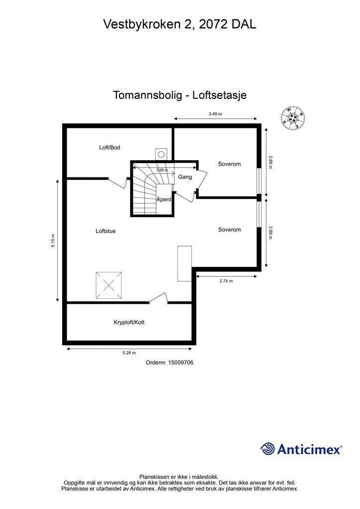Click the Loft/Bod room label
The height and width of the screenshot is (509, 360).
(x=109, y=148)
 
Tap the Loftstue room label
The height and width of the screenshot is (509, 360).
(x=105, y=231)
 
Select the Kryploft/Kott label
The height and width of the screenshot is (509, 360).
(x=129, y=322)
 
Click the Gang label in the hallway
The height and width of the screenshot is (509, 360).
(x=185, y=177)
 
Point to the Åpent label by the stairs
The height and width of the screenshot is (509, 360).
(x=164, y=199)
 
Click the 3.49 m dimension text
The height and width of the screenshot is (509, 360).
(x=215, y=114)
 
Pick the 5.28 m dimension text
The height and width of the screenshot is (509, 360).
(x=129, y=353)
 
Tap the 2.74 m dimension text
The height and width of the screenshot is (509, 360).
(x=226, y=281)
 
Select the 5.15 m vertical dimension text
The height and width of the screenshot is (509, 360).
(x=53, y=241)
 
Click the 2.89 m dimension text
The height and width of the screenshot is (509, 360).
(x=270, y=162)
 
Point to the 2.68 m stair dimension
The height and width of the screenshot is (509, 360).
(x=162, y=170)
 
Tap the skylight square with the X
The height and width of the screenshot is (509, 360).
(x=109, y=285)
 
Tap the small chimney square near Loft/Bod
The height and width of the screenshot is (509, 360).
(x=161, y=153)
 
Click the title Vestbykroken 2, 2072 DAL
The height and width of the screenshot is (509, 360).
(x=180, y=24)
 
